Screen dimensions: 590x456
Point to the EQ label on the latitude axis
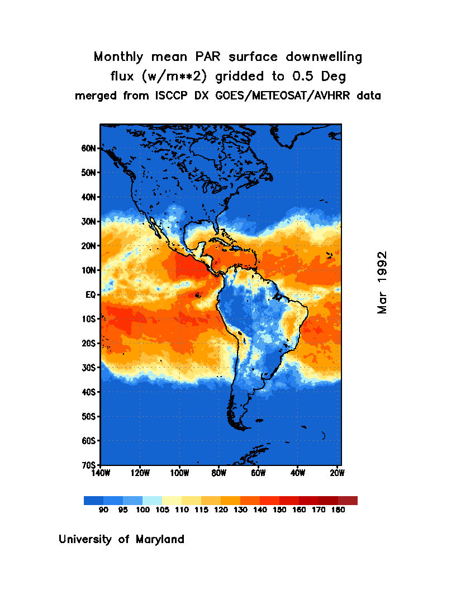pyautogui.click(x=92, y=294)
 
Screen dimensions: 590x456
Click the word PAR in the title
pyautogui.click(x=201, y=57)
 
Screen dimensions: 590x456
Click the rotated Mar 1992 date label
pyautogui.click(x=382, y=282)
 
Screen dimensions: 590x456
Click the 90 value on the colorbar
pyautogui.click(x=103, y=510)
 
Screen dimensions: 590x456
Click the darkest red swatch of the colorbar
pyautogui.click(x=348, y=501)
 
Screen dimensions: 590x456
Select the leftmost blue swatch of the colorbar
pyautogui.click(x=93, y=501)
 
